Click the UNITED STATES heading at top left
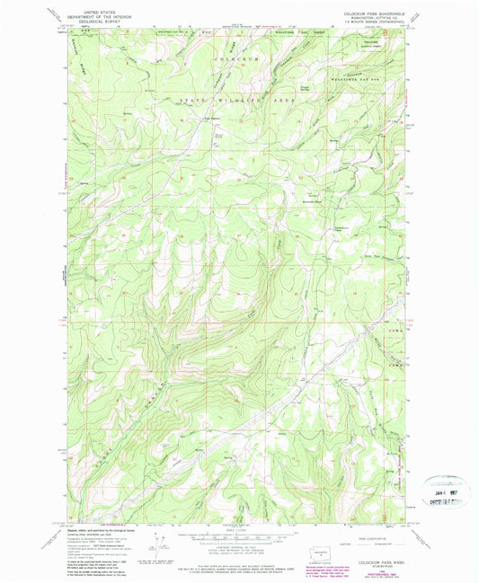click(94, 5)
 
